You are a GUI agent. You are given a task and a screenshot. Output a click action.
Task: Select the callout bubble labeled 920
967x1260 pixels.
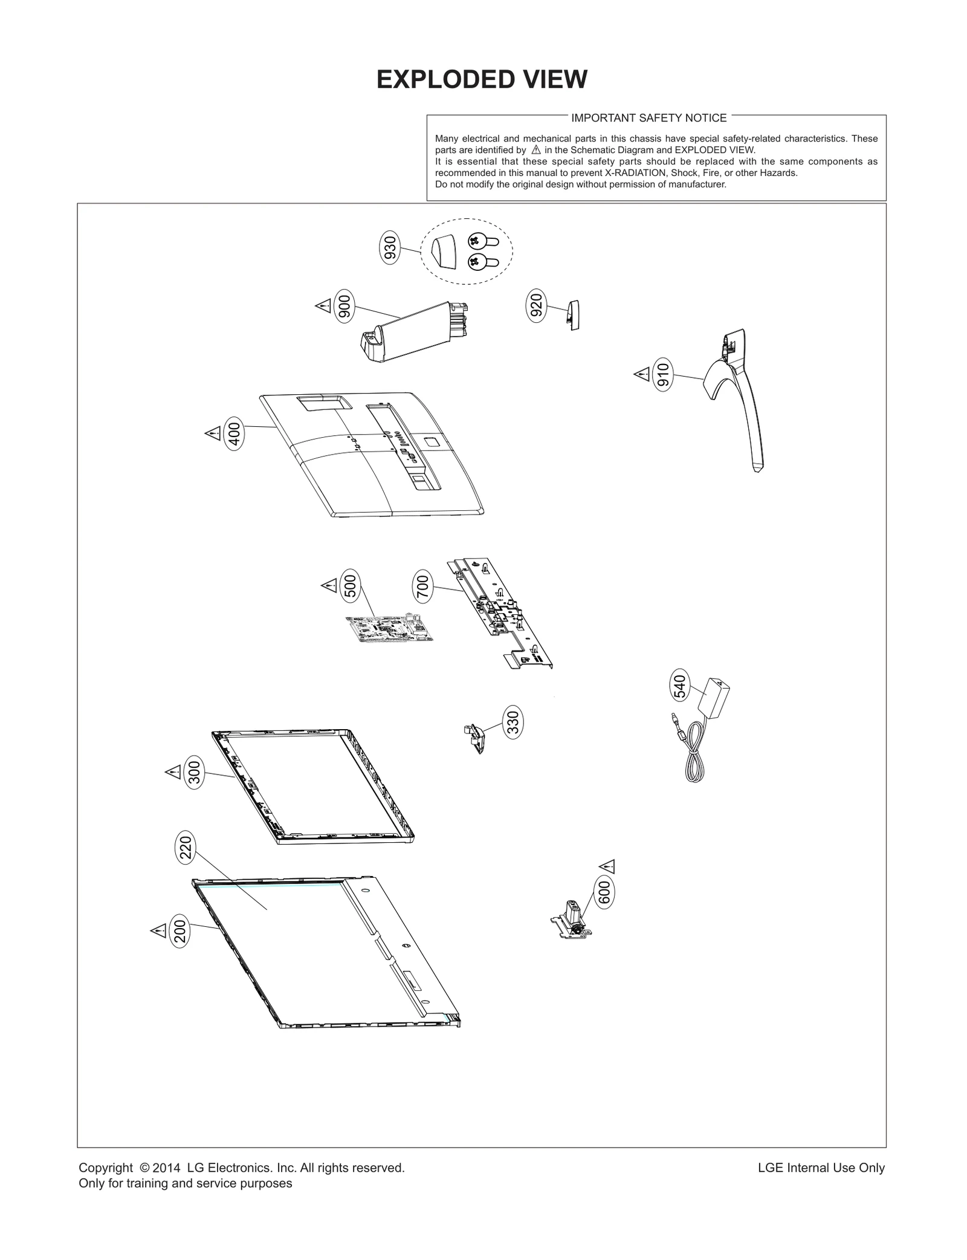[536, 305]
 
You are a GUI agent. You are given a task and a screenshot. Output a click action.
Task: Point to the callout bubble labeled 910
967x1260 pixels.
[663, 375]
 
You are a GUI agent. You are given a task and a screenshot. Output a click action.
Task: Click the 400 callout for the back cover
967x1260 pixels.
[234, 435]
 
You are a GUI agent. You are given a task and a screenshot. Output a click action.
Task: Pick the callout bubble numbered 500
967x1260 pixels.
[350, 585]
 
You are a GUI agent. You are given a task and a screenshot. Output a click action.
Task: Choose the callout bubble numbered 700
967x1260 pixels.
[423, 586]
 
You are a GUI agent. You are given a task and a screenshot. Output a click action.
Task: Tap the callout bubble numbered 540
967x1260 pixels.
[680, 686]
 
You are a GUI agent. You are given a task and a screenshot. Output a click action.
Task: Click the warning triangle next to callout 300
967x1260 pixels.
[173, 772]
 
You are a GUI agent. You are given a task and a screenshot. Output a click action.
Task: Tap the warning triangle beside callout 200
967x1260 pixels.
[158, 930]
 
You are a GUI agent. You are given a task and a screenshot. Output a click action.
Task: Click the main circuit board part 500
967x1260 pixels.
[390, 629]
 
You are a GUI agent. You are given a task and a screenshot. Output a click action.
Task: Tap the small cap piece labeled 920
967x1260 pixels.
[572, 315]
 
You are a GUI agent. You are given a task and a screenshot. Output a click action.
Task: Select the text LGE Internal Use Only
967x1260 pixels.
[821, 1167]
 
